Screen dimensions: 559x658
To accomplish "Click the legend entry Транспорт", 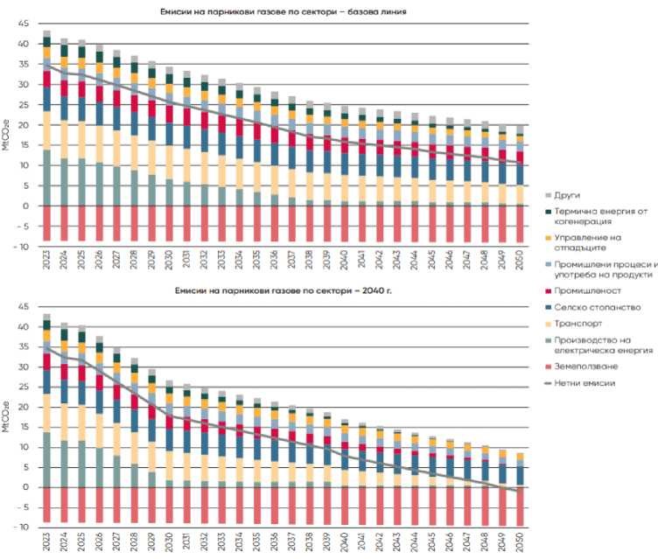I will coord(578,322).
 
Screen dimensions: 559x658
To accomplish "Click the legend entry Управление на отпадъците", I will coord(584,241).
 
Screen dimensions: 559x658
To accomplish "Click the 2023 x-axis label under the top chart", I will coord(47,261).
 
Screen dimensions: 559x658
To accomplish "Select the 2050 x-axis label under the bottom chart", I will coord(521,542).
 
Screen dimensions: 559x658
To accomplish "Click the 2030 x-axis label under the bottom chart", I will coord(170,542).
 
